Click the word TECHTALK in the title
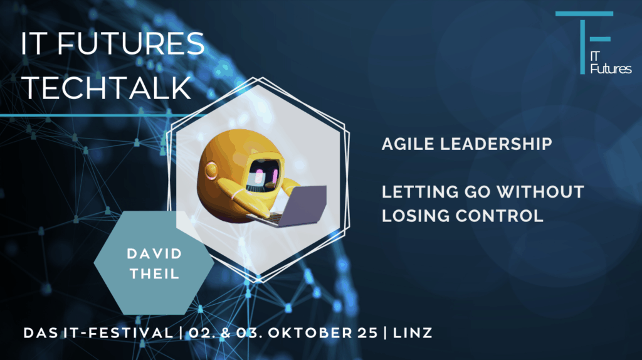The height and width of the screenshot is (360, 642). click(x=107, y=89)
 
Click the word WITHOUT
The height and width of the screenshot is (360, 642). click(x=545, y=191)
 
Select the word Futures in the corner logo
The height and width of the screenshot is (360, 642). click(x=611, y=68)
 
